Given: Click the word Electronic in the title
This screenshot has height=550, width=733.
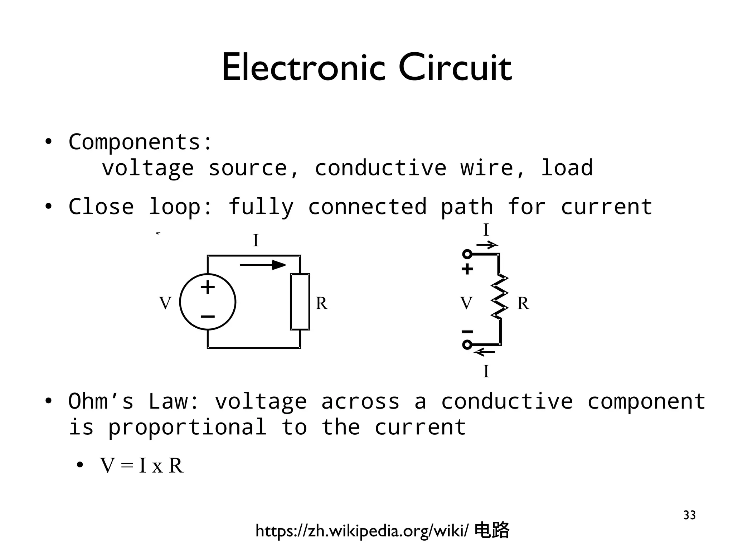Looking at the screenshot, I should point(304,68).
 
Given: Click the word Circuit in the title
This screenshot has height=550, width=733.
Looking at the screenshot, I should point(455,68).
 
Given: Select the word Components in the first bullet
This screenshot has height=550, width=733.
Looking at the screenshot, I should point(134,142).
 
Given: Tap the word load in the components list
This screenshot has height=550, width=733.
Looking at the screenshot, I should point(567,168).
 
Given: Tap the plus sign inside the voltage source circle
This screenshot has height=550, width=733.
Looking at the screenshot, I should point(208,287).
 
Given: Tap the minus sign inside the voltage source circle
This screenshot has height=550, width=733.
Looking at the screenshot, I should point(208,317).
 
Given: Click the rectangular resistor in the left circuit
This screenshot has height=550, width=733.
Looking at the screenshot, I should point(300,302).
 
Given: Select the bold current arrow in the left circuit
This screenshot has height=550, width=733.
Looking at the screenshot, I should point(263,265).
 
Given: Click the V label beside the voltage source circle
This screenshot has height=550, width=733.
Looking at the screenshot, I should point(165,303).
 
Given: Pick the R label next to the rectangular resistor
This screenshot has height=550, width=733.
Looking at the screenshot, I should point(321,303).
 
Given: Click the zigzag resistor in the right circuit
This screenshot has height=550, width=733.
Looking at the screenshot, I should point(500,296).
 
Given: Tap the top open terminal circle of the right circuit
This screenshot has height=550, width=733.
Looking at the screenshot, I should point(467,254).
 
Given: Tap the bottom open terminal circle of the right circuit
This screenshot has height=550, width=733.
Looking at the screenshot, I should point(467,344).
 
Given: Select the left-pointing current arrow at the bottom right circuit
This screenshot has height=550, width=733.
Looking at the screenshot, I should point(485,352).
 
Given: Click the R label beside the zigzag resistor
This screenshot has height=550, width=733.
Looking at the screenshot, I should point(523,303).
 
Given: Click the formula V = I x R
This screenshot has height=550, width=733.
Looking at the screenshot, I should point(142,465).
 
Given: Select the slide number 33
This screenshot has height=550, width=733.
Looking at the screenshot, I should point(689,515).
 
